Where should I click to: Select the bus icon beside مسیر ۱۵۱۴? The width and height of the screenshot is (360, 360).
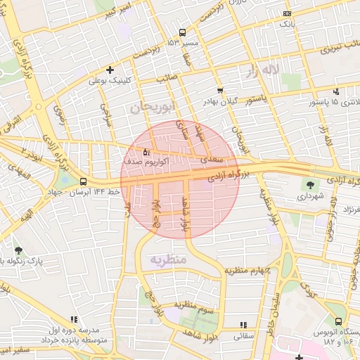pos(183,32)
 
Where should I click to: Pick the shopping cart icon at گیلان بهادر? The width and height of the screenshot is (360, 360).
pos(220,91)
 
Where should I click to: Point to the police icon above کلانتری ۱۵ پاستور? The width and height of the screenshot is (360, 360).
pos(336,91)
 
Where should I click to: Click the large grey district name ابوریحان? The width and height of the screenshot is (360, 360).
pos(151,107)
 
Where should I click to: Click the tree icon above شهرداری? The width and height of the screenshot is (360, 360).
pos(308,185)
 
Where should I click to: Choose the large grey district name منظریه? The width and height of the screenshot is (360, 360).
pos(169,260)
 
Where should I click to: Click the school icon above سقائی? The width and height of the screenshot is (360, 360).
pos(243,325)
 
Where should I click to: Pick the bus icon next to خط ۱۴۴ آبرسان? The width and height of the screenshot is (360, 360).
pos(84,181)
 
